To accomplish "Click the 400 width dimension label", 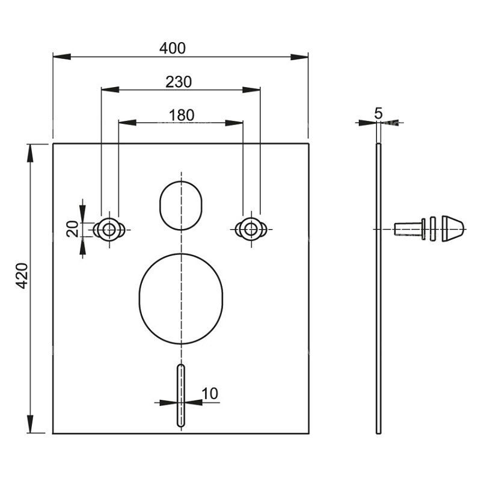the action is pyautogui.click(x=173, y=48).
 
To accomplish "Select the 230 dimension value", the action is pyautogui.click(x=179, y=82).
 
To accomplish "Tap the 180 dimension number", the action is pyautogui.click(x=182, y=115).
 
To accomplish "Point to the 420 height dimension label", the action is pyautogui.click(x=22, y=276).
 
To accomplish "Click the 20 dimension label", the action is pyautogui.click(x=72, y=229).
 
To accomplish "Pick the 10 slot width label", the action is pyautogui.click(x=210, y=394).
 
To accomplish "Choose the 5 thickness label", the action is pyautogui.click(x=379, y=113).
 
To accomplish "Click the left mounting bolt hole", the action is pyautogui.click(x=109, y=230).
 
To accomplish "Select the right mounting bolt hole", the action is pyautogui.click(x=251, y=229).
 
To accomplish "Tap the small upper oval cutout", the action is pyautogui.click(x=181, y=206).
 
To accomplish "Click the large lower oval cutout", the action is pyautogui.click(x=181, y=298).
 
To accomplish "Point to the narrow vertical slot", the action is pyautogui.click(x=181, y=396).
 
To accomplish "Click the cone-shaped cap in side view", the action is pyautogui.click(x=453, y=229).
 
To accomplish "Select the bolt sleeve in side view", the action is pyautogui.click(x=410, y=229).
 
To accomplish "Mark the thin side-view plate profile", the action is pyautogui.click(x=379, y=289).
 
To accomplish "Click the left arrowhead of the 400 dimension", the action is pyautogui.click(x=62, y=57).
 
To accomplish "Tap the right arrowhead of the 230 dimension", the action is pyautogui.click(x=251, y=90).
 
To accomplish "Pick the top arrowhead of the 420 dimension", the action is pyautogui.click(x=29, y=153).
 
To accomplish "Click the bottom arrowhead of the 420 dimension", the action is pyautogui.click(x=29, y=424).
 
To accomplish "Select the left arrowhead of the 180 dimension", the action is pyautogui.click(x=127, y=123).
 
